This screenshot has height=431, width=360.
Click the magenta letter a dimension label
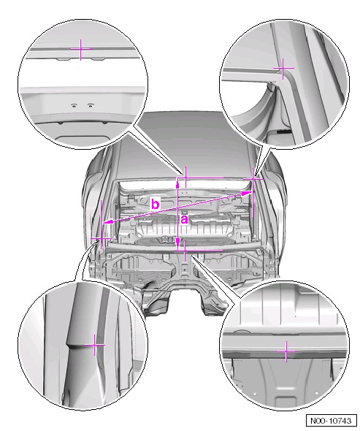184,220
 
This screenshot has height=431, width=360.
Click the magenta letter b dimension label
156,205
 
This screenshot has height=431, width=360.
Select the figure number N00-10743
331,421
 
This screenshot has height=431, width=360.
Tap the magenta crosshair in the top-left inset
81,50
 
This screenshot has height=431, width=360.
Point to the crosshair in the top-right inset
283,68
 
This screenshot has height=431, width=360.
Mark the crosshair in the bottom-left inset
95,345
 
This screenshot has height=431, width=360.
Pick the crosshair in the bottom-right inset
286,351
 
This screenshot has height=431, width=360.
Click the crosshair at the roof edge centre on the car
185,178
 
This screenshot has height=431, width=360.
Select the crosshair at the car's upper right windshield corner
253,178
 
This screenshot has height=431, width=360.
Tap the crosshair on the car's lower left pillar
102,238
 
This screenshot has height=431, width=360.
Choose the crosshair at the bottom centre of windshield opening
185,251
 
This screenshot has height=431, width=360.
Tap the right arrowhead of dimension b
247,193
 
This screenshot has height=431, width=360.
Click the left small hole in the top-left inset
74,105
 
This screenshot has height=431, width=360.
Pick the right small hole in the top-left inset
90,104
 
